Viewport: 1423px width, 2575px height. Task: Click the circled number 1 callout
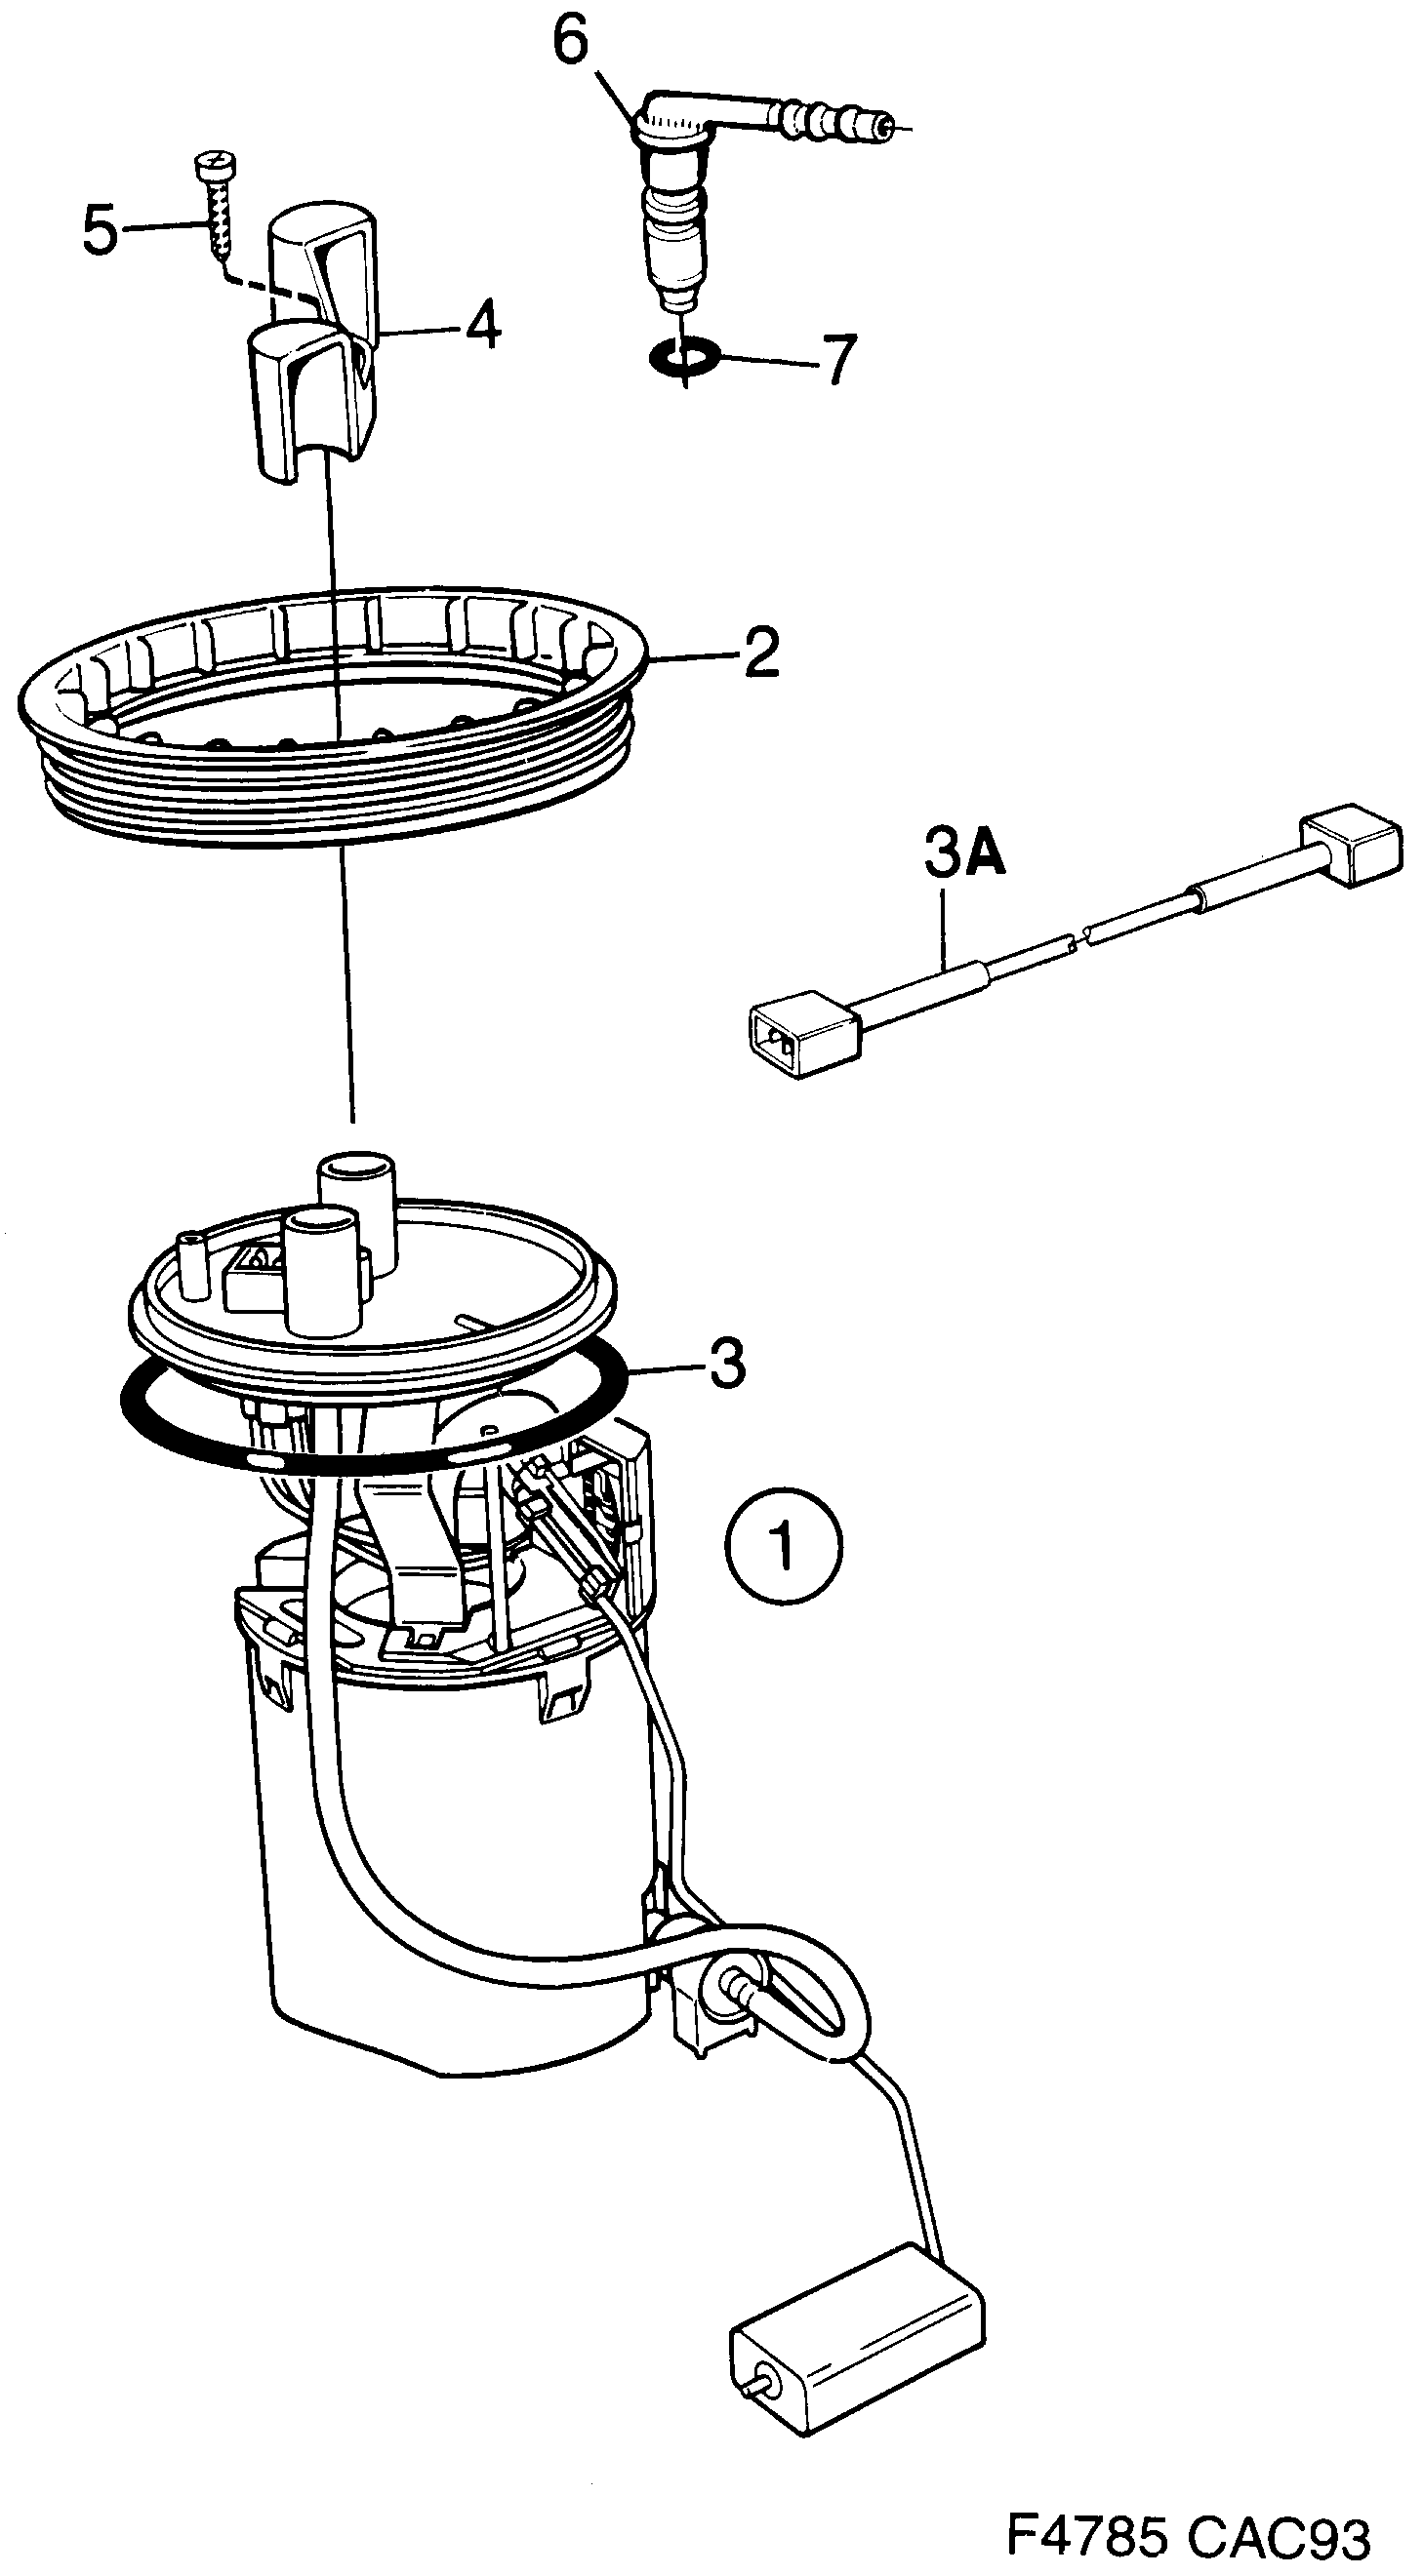(784, 1548)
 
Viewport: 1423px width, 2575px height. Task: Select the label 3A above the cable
(963, 854)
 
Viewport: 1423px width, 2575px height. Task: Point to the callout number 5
(100, 231)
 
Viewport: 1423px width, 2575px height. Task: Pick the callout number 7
(839, 360)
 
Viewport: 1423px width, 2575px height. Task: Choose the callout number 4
(484, 325)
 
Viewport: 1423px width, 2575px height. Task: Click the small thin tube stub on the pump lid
(190, 1265)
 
